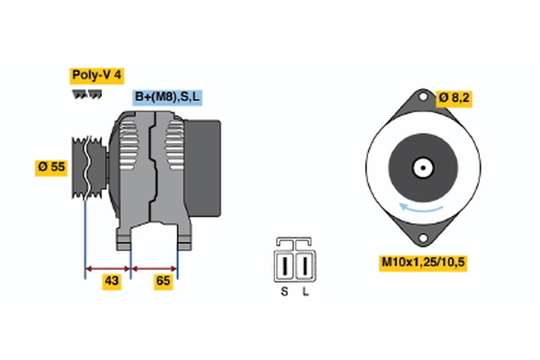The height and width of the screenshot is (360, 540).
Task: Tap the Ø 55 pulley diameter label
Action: (51, 167)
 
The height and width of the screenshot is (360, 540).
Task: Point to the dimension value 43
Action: (112, 282)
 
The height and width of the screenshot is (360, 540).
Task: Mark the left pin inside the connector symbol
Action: (285, 266)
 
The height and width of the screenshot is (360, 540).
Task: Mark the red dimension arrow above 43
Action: (108, 267)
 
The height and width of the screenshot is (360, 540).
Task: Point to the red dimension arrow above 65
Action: (155, 267)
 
